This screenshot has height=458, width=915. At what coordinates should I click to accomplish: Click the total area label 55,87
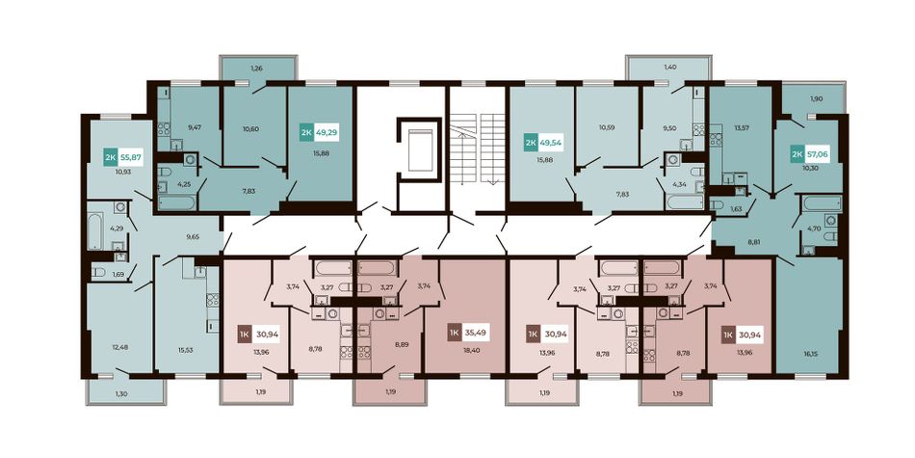click(130, 157)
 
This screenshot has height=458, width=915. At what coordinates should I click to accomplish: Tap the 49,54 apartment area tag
click(550, 142)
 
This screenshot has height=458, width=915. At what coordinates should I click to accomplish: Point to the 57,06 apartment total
click(817, 154)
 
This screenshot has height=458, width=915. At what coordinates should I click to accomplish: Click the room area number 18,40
click(473, 352)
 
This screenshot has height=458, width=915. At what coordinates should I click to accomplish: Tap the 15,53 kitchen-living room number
click(186, 350)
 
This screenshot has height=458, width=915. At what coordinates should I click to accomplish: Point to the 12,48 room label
click(119, 347)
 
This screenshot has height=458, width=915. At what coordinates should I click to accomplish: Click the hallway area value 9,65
click(193, 237)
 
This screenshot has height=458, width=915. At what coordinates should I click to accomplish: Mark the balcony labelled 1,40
click(669, 67)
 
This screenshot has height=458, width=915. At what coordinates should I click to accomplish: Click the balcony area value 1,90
click(816, 98)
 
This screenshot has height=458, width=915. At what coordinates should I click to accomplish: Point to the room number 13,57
click(727, 127)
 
